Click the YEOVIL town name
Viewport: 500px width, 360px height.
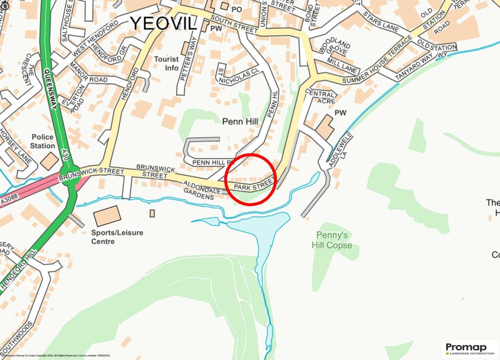point(163,23)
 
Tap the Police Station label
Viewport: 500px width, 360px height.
point(42,142)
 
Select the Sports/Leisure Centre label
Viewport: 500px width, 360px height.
point(117,237)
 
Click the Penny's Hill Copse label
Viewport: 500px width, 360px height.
point(332,240)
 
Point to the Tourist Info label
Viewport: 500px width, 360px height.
point(167,64)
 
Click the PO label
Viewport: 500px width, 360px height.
point(237,9)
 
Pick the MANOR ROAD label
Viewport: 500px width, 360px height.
point(88,73)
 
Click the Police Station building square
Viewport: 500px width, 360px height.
point(49,161)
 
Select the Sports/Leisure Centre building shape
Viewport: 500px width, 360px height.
point(107,216)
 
